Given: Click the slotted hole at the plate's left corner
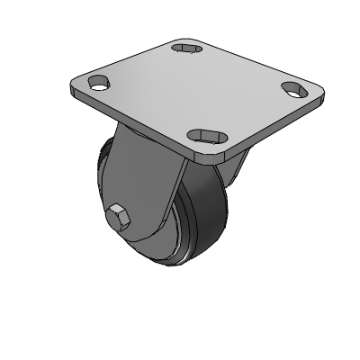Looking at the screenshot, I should click(x=98, y=85).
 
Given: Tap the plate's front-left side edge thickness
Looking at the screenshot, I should click(x=135, y=121).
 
